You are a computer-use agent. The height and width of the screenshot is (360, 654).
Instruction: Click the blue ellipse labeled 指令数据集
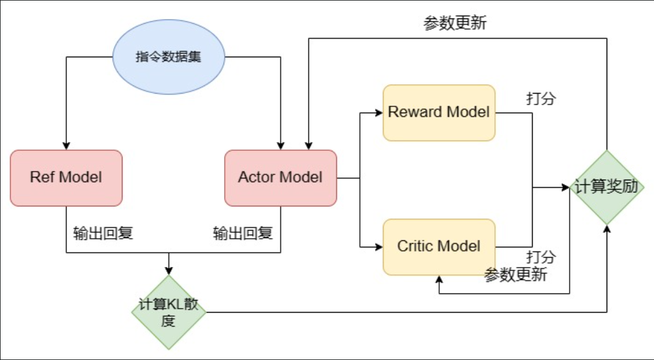168,57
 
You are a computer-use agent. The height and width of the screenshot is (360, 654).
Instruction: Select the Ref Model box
66,177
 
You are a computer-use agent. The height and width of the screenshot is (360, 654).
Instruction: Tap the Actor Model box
280,177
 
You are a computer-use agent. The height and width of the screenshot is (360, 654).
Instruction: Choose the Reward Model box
439,113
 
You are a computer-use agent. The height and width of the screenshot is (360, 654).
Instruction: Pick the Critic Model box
439,247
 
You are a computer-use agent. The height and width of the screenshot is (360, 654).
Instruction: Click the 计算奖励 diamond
607,188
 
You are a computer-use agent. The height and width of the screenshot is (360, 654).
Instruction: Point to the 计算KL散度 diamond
168,312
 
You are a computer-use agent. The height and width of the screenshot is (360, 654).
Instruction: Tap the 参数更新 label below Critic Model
515,275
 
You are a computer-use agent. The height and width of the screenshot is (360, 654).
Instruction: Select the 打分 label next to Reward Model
541,98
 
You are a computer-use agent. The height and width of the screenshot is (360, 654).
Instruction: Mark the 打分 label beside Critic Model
541,256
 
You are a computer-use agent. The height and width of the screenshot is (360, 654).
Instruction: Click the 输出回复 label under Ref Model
103,233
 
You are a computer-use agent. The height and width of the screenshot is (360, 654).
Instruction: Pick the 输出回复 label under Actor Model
243,233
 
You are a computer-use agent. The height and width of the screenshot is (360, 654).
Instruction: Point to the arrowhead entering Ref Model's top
66,146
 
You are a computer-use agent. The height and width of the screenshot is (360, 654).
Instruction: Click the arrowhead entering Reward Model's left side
379,113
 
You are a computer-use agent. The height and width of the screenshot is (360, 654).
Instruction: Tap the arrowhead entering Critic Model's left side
379,247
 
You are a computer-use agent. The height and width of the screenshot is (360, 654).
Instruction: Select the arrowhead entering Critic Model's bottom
440,279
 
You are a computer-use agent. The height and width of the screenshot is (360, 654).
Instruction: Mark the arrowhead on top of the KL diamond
168,271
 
